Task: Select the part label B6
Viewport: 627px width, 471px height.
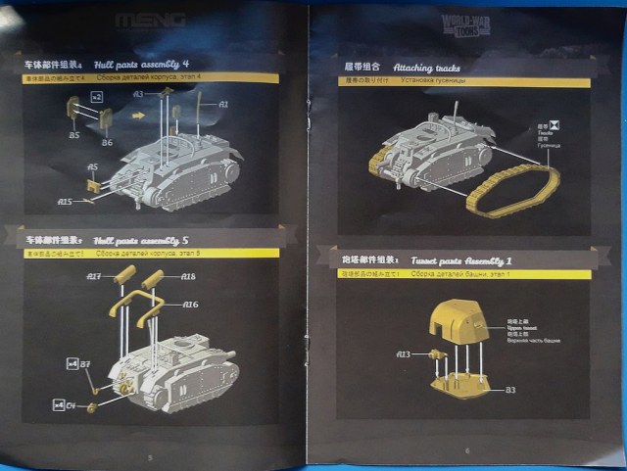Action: [107, 143]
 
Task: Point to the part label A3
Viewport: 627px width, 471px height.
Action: [138, 94]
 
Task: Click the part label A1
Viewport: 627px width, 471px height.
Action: [222, 104]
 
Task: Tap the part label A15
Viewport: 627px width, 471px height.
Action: [65, 202]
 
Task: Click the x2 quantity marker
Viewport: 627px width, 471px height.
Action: [96, 98]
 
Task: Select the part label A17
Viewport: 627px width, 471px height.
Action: [94, 277]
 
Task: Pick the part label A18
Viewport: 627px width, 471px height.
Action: [188, 277]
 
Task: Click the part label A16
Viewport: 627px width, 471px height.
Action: [189, 305]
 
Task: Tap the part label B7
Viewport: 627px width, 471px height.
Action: [85, 365]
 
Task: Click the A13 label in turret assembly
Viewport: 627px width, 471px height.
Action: [403, 353]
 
